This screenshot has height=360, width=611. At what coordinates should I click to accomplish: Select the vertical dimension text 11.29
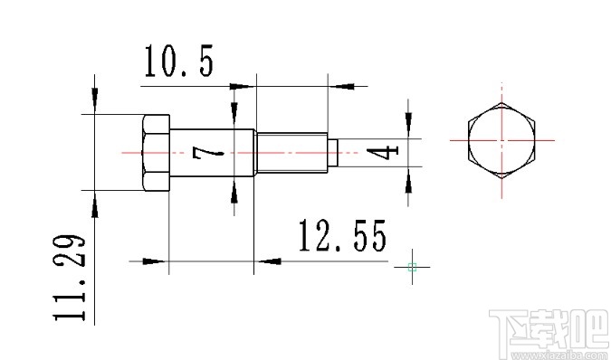tap(71, 279)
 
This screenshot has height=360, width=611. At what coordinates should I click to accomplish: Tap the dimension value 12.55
tap(342, 237)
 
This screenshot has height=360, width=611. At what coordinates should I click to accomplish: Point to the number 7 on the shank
tap(207, 155)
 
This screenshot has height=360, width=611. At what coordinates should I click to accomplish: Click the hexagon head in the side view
tap(153, 152)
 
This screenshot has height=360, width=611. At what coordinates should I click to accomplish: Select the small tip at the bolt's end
tap(332, 152)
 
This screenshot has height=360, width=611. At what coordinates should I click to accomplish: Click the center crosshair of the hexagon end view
tap(501, 140)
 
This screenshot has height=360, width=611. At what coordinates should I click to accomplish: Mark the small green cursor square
tap(412, 266)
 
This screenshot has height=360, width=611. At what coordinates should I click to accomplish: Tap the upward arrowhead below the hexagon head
tap(95, 205)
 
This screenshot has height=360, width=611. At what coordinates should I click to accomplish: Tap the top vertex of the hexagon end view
tap(501, 103)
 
